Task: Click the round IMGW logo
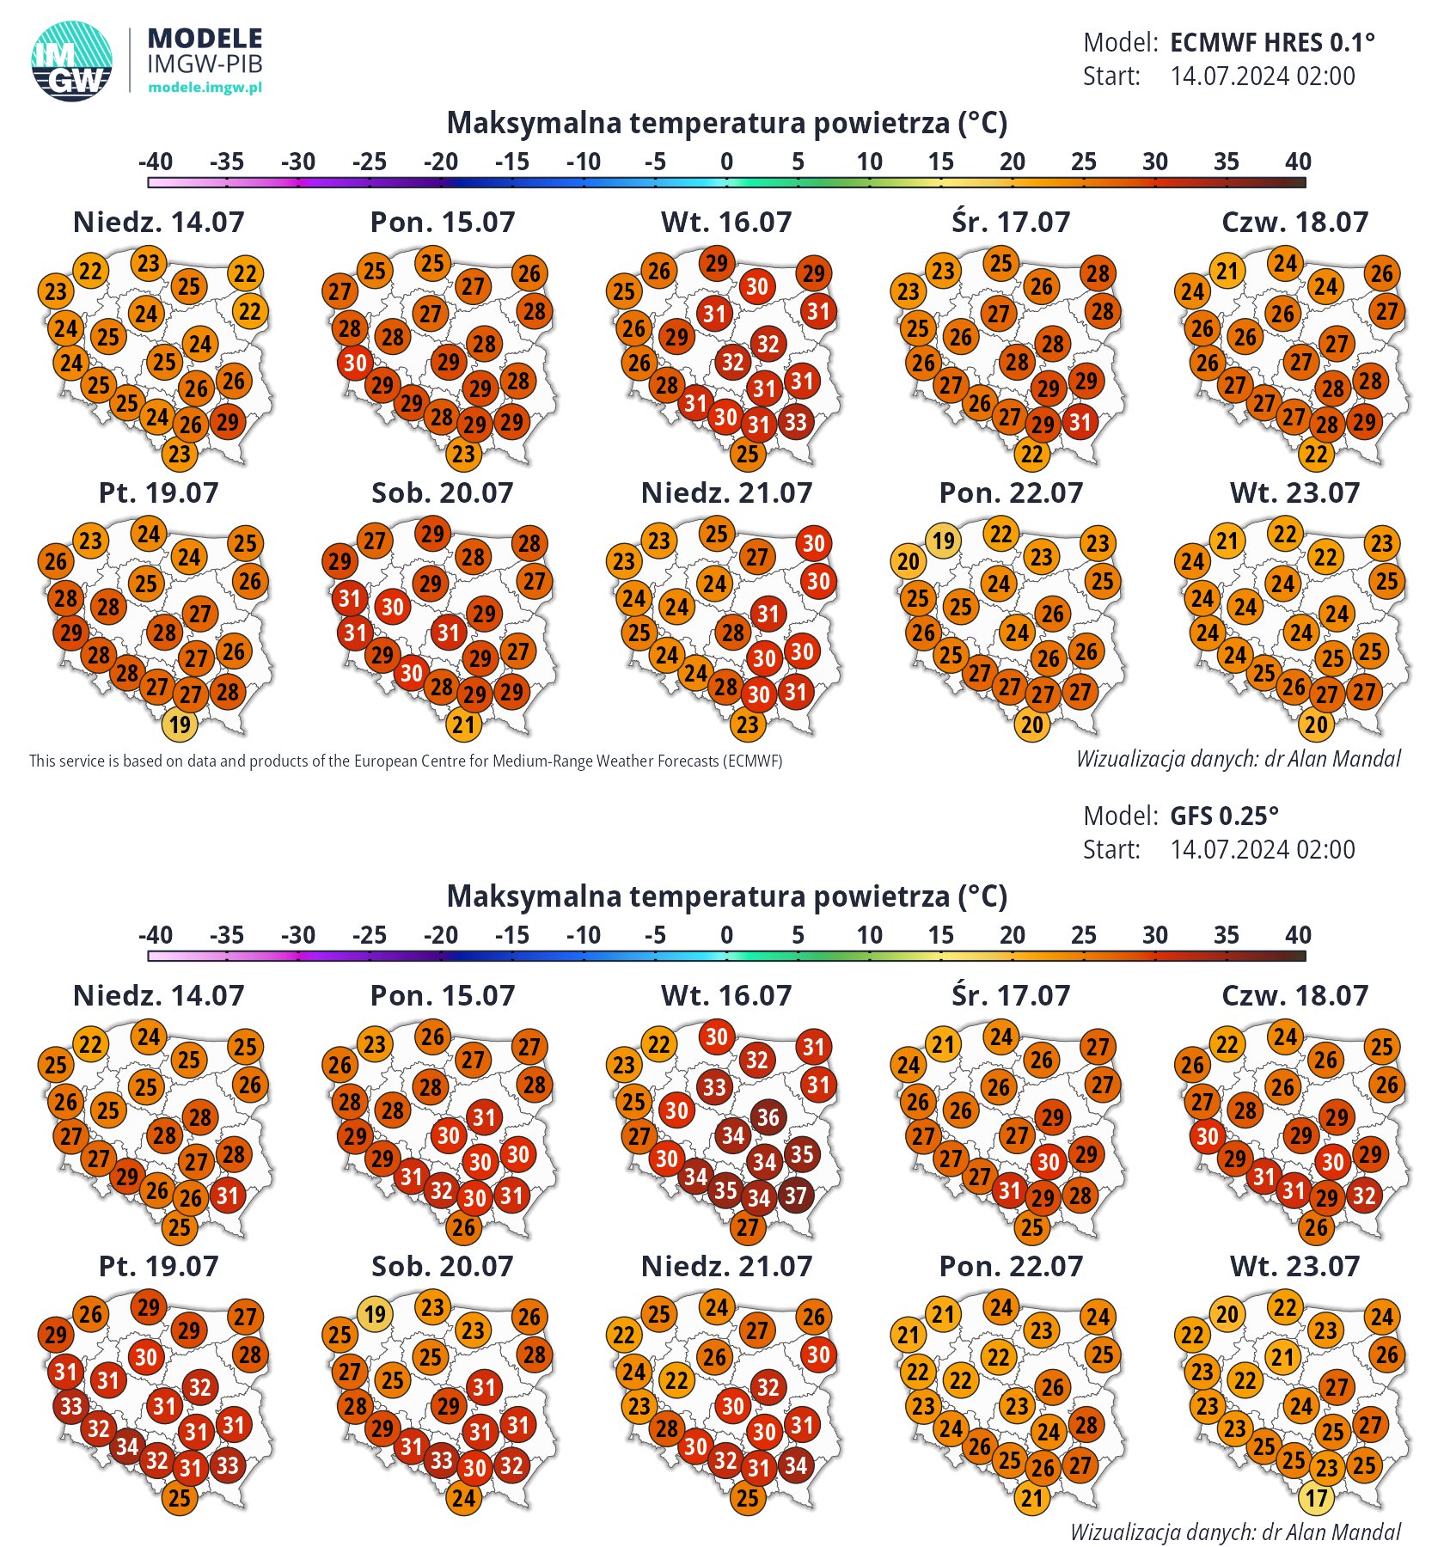tap(71, 61)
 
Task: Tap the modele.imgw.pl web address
tap(205, 87)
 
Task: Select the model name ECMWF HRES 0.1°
tap(1272, 42)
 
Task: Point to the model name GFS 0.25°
tap(1224, 816)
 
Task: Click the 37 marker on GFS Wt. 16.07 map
tap(796, 1195)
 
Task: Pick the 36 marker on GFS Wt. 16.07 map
tap(768, 1117)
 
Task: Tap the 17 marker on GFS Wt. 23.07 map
tap(1317, 1498)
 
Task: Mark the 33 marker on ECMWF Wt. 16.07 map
tap(796, 422)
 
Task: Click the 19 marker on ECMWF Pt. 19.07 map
tap(180, 725)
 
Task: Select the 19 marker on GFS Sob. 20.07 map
tap(375, 1314)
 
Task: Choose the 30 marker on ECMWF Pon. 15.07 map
tap(355, 363)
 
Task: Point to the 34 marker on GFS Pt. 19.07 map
tap(127, 1446)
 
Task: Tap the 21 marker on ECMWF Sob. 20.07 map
tap(464, 725)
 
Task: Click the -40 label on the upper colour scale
tap(156, 162)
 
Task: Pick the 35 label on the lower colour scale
tap(1227, 935)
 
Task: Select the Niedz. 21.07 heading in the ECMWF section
tap(726, 492)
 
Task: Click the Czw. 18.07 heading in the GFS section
tap(1294, 995)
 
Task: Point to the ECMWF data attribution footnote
tap(406, 761)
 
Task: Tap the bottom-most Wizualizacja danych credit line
tap(1235, 1532)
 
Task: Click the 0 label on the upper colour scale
tap(726, 162)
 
